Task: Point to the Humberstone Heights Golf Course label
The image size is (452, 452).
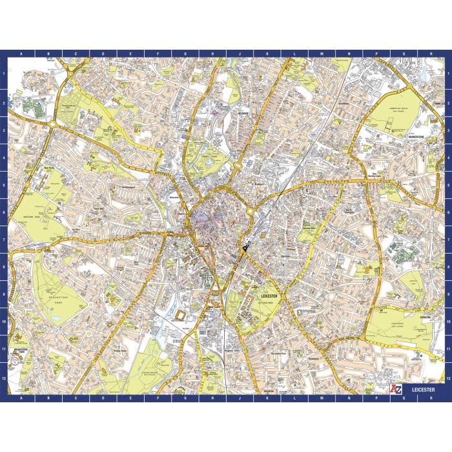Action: click(x=395, y=110)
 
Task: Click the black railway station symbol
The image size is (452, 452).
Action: click(x=245, y=247)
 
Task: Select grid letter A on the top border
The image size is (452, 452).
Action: click(x=21, y=54)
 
